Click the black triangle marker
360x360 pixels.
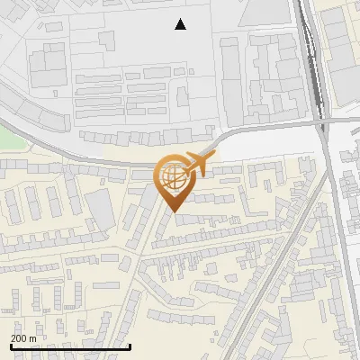click(180, 25)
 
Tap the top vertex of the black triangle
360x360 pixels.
click(180, 19)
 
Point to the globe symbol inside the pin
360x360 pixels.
click(171, 175)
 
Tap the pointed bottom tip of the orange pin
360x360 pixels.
click(173, 212)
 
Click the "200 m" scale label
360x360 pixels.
click(23, 338)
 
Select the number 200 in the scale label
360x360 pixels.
click(18, 338)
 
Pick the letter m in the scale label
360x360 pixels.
click(32, 338)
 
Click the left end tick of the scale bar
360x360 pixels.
click(11, 345)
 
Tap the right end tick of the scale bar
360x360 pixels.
click(130, 345)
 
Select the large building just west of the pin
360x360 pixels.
click(101, 209)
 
